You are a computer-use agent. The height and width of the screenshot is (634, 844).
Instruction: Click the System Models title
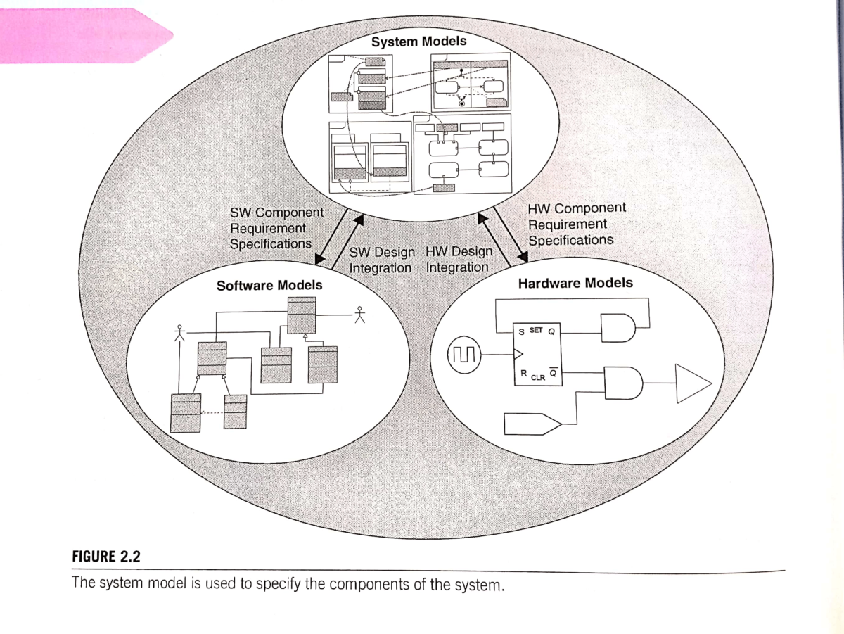click(x=418, y=42)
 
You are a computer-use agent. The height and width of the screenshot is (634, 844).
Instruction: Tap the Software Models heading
click(x=269, y=286)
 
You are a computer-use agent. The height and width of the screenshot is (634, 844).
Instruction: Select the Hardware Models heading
click(x=575, y=284)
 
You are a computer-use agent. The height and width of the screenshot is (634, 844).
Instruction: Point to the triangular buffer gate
click(x=692, y=383)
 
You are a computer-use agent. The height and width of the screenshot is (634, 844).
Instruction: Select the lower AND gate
click(x=622, y=383)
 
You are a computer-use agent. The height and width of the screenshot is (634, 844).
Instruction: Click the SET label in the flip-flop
click(x=535, y=329)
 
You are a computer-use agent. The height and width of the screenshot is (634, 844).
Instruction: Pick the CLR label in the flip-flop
click(x=537, y=378)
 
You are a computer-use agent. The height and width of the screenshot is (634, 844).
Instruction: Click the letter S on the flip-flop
click(x=520, y=331)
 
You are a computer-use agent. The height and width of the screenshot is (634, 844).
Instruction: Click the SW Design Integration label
click(x=381, y=260)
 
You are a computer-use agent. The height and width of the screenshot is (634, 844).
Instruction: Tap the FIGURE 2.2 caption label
click(x=107, y=557)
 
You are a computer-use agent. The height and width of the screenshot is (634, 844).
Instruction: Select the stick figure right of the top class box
click(x=361, y=314)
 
